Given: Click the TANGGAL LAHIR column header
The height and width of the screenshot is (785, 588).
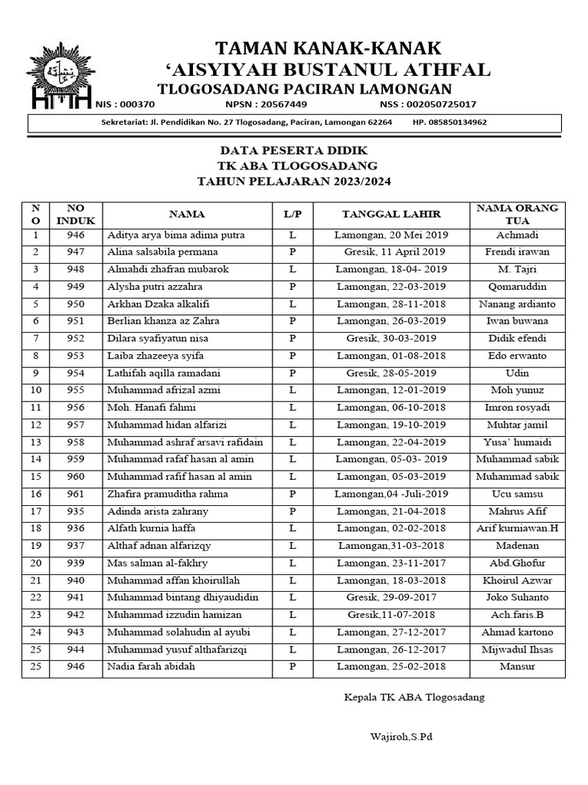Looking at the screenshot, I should click(x=390, y=215).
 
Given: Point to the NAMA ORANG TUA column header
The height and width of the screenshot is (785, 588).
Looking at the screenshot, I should click(x=517, y=214).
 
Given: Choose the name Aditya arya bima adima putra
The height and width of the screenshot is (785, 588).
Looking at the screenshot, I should click(x=176, y=235).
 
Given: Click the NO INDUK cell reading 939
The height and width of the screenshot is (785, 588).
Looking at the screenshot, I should click(x=76, y=563).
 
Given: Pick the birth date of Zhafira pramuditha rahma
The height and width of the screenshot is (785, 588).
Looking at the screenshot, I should click(x=390, y=494).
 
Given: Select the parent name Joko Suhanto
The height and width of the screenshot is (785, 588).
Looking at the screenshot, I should click(x=517, y=598).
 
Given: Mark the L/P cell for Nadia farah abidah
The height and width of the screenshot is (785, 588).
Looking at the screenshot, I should click(x=292, y=667).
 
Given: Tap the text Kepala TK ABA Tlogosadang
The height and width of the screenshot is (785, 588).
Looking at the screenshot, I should click(x=413, y=698).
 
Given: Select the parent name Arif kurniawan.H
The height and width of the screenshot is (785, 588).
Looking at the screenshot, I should click(x=517, y=529).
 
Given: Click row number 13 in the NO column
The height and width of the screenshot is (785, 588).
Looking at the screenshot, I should click(x=35, y=442).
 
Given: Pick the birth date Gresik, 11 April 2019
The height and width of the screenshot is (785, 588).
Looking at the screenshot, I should click(x=390, y=252).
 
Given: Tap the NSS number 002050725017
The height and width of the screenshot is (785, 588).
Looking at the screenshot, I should click(x=438, y=104).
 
